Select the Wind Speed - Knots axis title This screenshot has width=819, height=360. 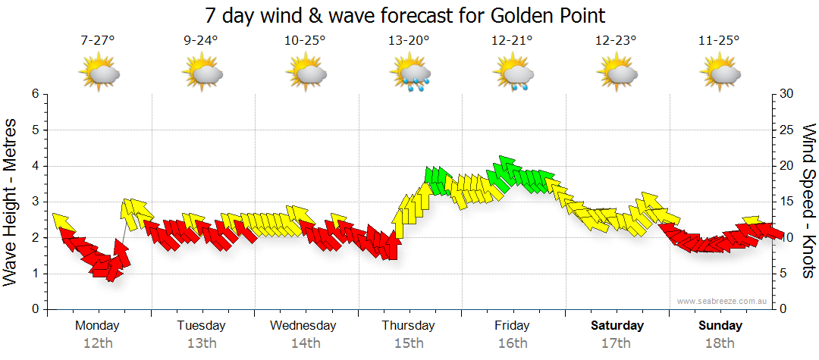808,201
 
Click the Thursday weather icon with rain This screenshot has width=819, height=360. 410,75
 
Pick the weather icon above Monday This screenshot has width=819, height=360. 99,74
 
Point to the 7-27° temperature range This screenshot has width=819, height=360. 98,41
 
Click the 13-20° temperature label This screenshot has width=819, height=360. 409,41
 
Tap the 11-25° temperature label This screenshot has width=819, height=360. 719,41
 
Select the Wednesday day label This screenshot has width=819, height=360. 303,326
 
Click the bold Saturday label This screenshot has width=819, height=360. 617,326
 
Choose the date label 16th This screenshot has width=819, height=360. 513,343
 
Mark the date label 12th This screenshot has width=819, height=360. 98,343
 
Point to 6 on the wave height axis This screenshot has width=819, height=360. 34,94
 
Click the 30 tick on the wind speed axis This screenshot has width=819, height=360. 786,94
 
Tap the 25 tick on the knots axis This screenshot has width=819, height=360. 786,130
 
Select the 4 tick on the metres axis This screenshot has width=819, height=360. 34,166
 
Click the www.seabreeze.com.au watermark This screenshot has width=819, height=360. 723,301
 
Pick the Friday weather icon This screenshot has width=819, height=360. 513,75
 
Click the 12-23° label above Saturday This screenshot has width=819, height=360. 616,41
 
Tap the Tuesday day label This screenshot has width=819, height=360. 201,326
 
